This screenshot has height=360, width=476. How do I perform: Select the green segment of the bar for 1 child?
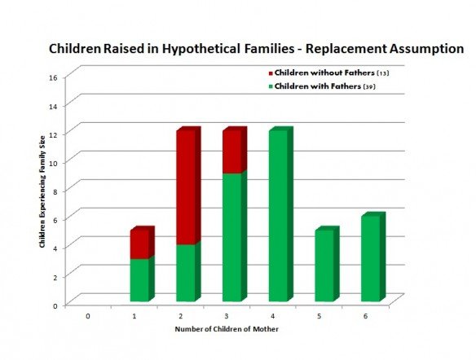[142, 279]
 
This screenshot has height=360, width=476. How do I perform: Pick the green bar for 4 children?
[281, 214]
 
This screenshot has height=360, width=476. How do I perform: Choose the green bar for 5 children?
[327, 264]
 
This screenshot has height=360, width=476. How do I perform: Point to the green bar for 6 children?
[373, 257]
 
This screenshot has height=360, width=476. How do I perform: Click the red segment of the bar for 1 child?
[142, 243]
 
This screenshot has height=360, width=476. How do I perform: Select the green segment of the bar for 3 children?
[235, 236]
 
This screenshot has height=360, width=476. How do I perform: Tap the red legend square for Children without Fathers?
[271, 73]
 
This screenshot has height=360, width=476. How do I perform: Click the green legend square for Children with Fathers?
[271, 86]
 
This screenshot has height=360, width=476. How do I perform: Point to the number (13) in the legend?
[383, 73]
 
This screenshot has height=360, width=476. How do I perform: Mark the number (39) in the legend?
[369, 86]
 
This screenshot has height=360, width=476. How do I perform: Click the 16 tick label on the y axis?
[53, 77]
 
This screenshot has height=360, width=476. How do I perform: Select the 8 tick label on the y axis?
[55, 191]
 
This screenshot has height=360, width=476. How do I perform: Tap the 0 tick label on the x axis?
[88, 316]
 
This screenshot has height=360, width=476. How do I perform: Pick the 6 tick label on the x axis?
[365, 316]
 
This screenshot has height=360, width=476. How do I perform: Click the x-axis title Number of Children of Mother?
[227, 329]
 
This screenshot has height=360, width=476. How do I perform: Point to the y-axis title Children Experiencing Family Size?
[42, 191]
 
